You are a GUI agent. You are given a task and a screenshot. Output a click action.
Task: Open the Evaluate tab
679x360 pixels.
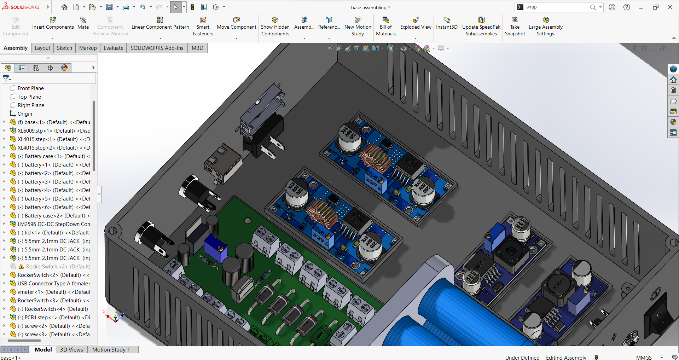point(113,48)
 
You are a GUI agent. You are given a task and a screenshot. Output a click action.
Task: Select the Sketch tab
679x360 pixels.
point(64,48)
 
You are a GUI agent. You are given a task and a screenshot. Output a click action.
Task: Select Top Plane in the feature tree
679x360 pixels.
point(29,97)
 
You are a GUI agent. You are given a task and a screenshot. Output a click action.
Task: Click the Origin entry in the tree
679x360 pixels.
point(25,114)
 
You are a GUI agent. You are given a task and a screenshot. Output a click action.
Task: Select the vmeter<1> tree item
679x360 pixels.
point(53,292)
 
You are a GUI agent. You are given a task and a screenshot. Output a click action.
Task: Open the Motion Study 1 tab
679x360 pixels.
point(111,349)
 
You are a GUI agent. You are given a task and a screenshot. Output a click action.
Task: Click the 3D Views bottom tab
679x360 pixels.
point(71,349)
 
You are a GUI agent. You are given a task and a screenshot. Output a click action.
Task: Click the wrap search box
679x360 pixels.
point(555,7)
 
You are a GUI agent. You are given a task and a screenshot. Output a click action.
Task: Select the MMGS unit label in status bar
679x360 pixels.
point(644,357)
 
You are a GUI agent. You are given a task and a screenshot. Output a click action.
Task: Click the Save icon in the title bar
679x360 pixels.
point(109,7)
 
